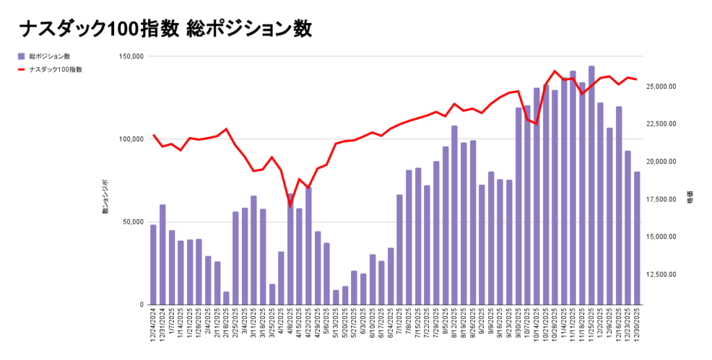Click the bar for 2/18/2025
226,298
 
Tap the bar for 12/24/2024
153,265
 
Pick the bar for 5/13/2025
336,297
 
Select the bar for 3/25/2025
272,294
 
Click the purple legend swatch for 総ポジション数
22,56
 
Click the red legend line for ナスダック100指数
22,69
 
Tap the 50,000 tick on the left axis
131,222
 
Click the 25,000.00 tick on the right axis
662,86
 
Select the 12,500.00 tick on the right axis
662,274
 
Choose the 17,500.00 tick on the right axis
662,199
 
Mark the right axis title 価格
690,197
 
